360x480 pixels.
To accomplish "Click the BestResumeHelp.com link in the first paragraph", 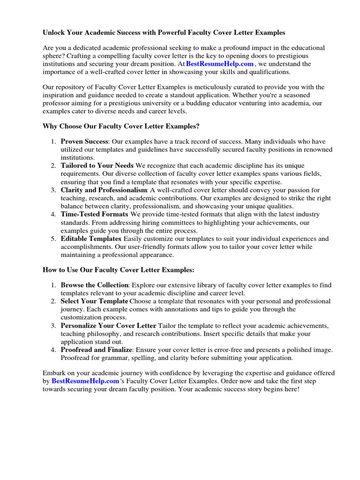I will [220, 64].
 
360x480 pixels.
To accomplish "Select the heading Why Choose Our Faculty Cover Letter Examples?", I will [121, 127].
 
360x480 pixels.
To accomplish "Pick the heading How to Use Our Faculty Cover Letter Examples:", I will [118, 270].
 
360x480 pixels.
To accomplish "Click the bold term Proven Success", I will [84, 142].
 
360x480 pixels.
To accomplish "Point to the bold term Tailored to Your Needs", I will [97, 165].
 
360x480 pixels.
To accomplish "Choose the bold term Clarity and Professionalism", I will [104, 190].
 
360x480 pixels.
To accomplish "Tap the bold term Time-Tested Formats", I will [94, 215].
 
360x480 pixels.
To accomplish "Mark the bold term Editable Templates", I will [91, 239].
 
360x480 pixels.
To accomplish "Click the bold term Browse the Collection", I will [94, 285].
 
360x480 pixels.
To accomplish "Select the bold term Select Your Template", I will [94, 301].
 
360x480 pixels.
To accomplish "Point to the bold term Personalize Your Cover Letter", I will [108, 326].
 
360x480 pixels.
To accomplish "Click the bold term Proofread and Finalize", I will [97, 350].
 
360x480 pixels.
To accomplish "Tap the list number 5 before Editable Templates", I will [53, 239].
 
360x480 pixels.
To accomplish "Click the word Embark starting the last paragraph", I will [54, 373].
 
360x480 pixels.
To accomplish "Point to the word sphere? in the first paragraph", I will [54, 56].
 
